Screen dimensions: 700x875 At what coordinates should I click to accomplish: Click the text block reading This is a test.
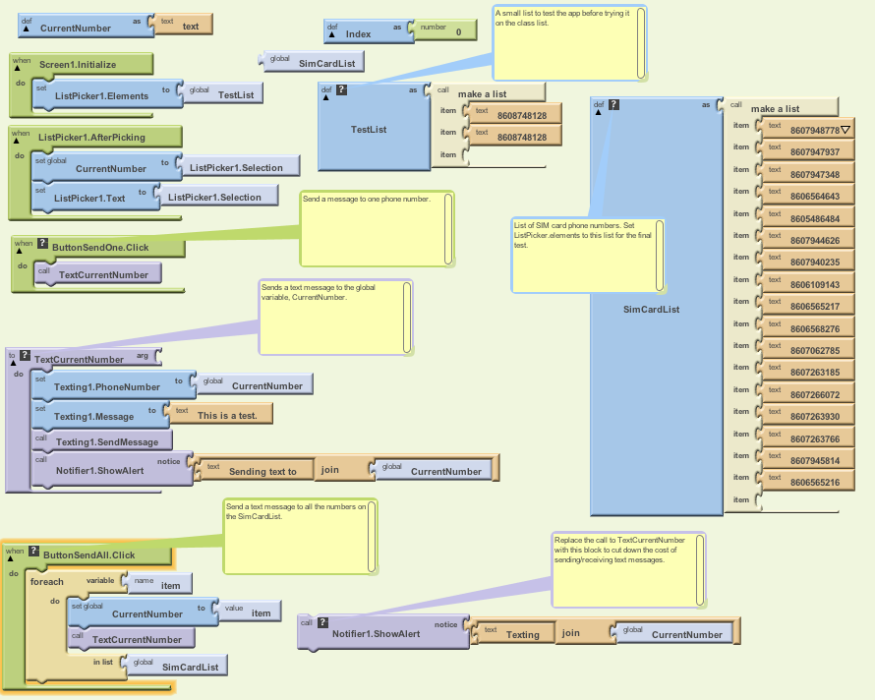[x=227, y=415]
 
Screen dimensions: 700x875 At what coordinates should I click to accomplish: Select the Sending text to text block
[x=262, y=471]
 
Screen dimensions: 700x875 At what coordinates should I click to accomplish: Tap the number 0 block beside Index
[x=457, y=32]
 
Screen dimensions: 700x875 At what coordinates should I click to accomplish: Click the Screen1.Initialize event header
[x=78, y=64]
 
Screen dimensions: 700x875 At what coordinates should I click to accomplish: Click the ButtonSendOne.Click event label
[x=101, y=247]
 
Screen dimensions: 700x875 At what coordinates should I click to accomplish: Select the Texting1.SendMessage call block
[x=106, y=442]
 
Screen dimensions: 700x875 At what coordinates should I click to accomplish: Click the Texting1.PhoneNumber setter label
[x=106, y=386]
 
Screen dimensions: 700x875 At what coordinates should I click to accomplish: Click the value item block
[x=260, y=612]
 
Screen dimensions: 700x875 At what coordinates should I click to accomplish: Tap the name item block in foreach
[x=169, y=584]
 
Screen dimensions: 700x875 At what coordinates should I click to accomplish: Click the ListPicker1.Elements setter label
[x=101, y=95]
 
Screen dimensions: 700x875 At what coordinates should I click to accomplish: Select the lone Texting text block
[x=522, y=634]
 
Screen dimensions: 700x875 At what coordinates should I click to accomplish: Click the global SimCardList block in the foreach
[x=190, y=667]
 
